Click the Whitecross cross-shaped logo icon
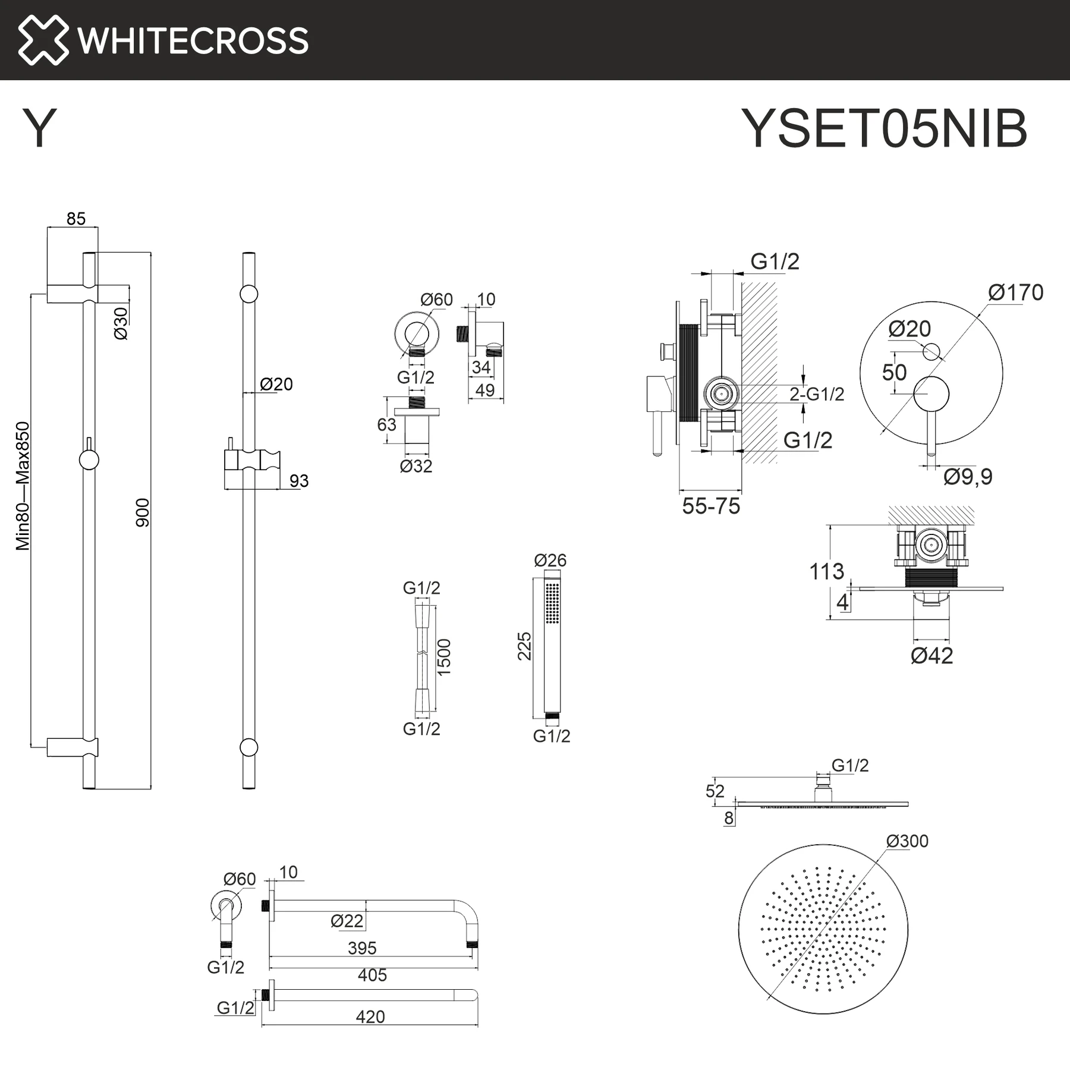[x=43, y=40]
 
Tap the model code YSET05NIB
[x=885, y=128]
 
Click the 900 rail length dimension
[x=143, y=512]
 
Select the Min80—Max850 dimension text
[x=23, y=486]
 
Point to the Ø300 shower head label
[x=907, y=841]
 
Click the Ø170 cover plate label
[x=1016, y=292]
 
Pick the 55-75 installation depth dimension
[x=711, y=506]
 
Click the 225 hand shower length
[x=524, y=646]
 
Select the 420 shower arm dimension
[x=370, y=1016]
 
